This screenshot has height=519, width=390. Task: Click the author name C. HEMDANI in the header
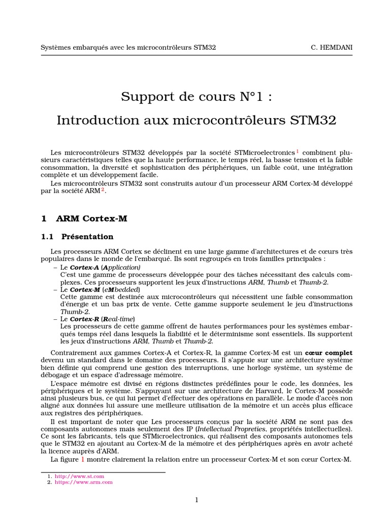(x=332, y=47)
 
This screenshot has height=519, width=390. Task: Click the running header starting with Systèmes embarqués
(x=128, y=47)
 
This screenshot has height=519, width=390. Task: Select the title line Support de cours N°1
(x=196, y=96)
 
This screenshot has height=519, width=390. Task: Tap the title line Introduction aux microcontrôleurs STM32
(x=196, y=121)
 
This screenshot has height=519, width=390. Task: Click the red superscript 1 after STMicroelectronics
(x=298, y=151)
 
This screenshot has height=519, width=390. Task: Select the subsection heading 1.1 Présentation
(x=77, y=237)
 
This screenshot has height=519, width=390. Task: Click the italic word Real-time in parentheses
(x=119, y=318)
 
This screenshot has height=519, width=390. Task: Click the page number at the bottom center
(x=197, y=500)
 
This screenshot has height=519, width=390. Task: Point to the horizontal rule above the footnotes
(x=103, y=472)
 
